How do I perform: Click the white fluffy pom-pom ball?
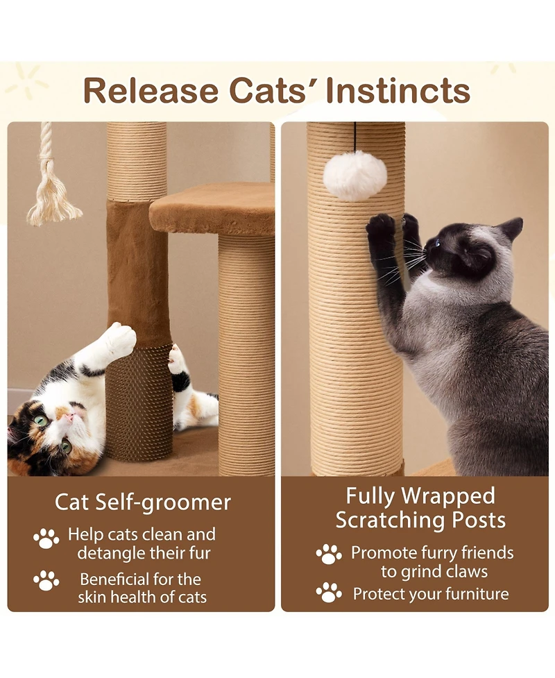[355, 175]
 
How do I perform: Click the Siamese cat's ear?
[511, 228]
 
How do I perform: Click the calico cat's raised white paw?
[119, 339]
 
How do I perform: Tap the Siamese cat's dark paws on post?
[382, 228]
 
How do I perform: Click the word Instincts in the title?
[400, 91]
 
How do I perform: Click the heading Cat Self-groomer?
[142, 502]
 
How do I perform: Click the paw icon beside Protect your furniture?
[329, 593]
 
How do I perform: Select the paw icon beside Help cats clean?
[46, 539]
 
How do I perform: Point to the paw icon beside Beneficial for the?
[46, 580]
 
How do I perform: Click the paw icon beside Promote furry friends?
[329, 554]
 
